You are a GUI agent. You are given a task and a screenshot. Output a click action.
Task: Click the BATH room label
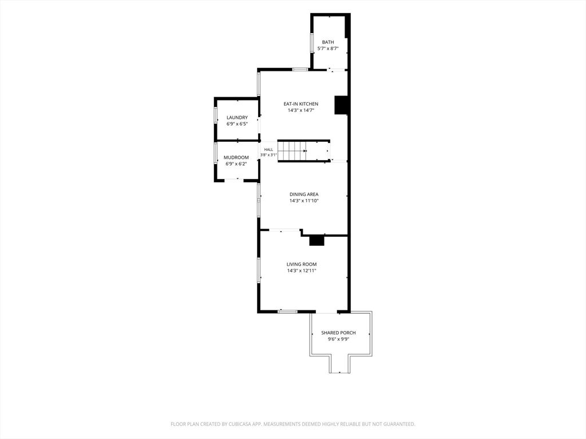[x=328, y=42]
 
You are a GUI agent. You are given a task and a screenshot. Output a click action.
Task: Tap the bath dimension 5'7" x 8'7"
[x=328, y=49]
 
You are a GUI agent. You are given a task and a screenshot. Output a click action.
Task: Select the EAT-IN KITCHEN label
[x=301, y=104]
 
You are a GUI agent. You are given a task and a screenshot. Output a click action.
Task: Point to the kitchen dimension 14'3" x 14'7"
[x=301, y=110]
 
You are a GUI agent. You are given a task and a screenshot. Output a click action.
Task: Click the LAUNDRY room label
[x=237, y=118]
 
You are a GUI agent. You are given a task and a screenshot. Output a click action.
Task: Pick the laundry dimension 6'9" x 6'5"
[x=237, y=124]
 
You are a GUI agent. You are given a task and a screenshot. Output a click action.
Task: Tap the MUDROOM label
[x=236, y=158]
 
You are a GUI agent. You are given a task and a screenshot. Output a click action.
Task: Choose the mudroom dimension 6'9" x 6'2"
[x=236, y=164]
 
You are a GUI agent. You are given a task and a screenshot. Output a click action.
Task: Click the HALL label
[x=269, y=150]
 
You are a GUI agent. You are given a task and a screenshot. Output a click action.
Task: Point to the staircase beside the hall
[x=303, y=151]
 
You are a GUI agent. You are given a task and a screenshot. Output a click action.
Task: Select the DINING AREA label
[x=304, y=194]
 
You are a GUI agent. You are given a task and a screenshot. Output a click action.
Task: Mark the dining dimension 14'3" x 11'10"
[x=304, y=201]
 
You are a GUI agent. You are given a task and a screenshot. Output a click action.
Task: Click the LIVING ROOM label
[x=302, y=264]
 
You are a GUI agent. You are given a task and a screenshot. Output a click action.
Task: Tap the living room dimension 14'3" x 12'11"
[x=302, y=270]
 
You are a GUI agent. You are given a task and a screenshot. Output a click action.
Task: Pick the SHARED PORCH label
[x=339, y=333]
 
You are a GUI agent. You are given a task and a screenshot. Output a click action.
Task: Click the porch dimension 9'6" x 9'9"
[x=339, y=340]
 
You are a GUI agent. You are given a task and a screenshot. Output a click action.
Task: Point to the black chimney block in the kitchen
[x=341, y=105]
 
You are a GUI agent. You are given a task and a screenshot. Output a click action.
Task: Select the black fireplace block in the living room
[x=316, y=241]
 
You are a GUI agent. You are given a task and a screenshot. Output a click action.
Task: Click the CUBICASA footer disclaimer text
[x=293, y=424]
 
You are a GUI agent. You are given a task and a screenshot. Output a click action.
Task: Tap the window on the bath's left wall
[x=311, y=43]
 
